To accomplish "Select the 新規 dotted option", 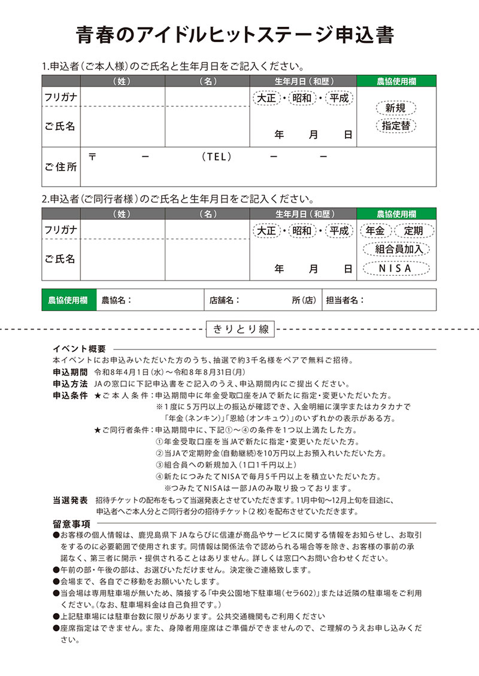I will coord(395,108).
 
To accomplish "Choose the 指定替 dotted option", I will coord(395,126).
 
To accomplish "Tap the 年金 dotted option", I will coord(375,230).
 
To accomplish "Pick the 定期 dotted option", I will coord(413,230).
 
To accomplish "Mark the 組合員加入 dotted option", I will coord(395,249).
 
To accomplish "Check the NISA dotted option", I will coord(395,268).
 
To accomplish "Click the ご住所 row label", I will coord(60,166).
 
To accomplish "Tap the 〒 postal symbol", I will coord(92,157).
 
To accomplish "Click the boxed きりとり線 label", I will coord(239,329).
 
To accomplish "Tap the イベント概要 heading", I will coord(79,349).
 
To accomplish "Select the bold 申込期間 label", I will coord(70,372).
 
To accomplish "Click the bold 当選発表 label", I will coord(70,500).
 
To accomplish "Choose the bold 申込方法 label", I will coord(70,383).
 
